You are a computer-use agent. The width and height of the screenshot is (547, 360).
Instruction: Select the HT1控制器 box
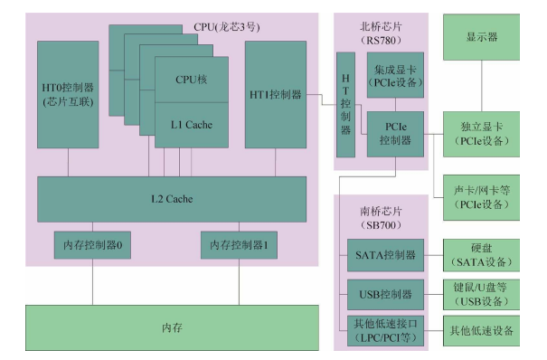276,94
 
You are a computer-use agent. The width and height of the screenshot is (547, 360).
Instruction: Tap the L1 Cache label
192,125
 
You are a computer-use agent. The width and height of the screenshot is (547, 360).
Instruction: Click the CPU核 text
192,80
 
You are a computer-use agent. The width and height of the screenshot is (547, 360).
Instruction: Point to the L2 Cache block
171,198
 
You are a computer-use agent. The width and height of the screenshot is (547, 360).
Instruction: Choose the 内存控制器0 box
92,244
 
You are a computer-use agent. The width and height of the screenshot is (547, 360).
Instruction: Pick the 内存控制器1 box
238,244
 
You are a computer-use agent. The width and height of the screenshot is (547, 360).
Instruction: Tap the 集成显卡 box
395,76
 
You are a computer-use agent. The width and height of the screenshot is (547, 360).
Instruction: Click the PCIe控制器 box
395,134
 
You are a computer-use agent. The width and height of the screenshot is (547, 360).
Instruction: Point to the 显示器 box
481,39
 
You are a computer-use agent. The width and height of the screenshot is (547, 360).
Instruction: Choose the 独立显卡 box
481,134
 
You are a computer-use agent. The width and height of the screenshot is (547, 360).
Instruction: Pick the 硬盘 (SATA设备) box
481,255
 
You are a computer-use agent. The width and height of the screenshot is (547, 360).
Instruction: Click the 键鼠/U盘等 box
481,294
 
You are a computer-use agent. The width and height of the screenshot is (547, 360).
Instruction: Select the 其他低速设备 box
481,330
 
